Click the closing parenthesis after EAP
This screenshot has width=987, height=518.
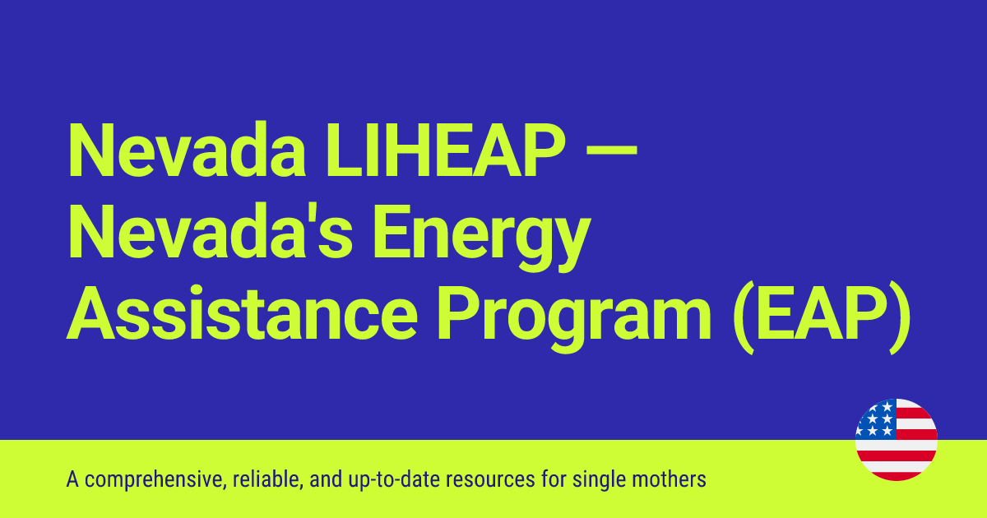[899, 316]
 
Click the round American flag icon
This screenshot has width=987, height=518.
[896, 440]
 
